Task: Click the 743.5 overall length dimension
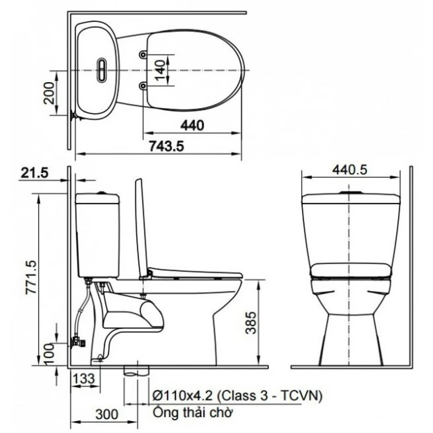[x=166, y=146]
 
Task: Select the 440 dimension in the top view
[x=192, y=126]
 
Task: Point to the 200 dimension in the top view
[x=49, y=93]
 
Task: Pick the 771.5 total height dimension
[x=31, y=278]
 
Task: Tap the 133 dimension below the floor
[x=84, y=379]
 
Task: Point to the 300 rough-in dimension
[x=106, y=414]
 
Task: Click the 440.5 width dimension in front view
[x=350, y=170]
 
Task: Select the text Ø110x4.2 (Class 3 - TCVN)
[x=237, y=396]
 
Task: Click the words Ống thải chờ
[x=193, y=413]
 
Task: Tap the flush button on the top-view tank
[x=102, y=70]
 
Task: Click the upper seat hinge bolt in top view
[x=143, y=54]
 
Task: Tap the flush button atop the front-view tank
[x=349, y=193]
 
